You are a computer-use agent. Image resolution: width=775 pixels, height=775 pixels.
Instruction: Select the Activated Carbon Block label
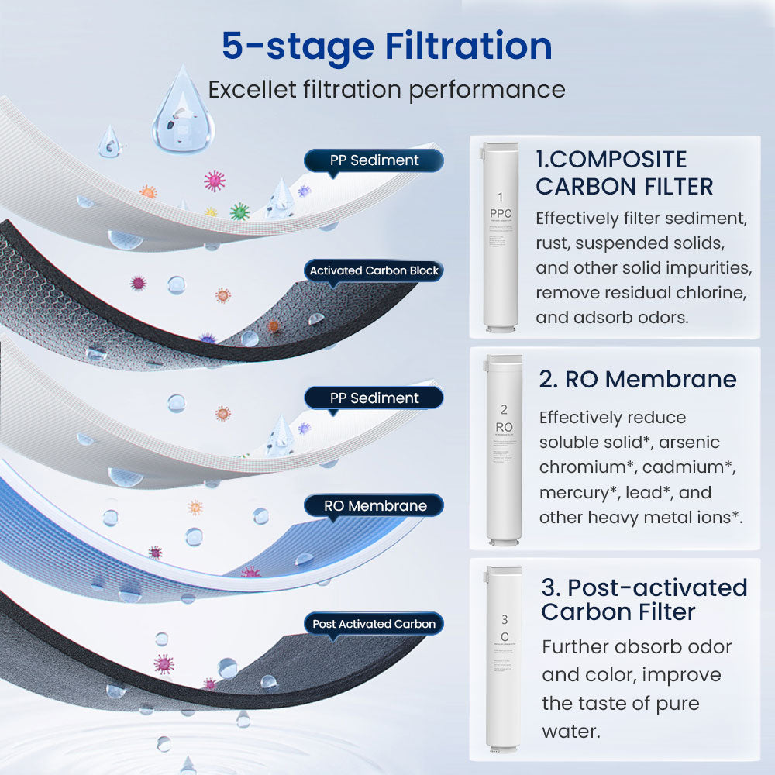point(374,270)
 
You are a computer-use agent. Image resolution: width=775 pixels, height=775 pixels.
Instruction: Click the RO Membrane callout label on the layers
point(375,506)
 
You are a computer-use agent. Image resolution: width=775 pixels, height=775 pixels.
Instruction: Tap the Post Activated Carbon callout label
point(374,624)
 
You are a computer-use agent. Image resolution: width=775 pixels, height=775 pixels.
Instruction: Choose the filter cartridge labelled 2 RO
point(504,448)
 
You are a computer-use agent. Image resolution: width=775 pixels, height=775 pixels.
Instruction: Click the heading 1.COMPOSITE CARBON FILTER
point(624,173)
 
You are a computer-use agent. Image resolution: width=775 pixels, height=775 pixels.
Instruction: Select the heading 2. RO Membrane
point(638,379)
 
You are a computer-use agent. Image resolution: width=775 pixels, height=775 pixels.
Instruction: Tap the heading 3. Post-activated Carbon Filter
point(644,599)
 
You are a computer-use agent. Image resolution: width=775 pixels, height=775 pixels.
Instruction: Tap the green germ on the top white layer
point(239,211)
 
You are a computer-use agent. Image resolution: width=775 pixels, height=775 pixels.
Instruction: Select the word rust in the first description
point(552,243)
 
